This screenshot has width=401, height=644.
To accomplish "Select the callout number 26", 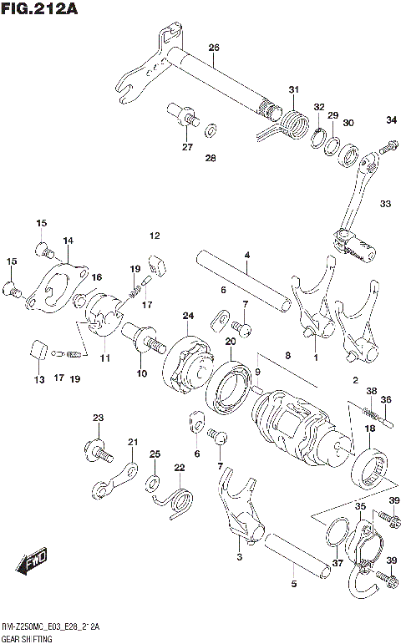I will pos(213,48).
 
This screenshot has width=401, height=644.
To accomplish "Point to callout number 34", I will pos(391,120).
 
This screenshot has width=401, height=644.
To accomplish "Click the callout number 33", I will pos(384,203).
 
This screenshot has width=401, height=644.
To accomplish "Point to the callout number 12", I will pos(155,235).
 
